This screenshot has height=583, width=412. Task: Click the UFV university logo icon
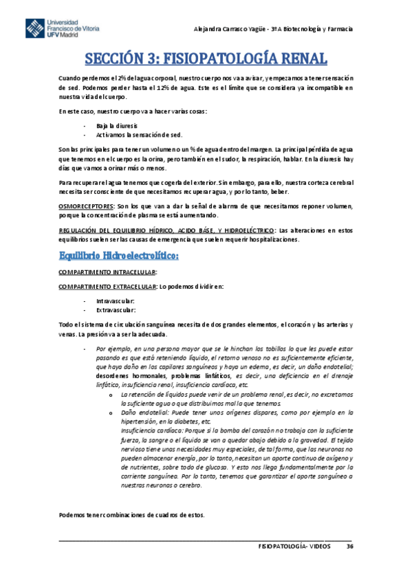click(x=34, y=31)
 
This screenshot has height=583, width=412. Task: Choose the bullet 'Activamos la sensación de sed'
click(x=133, y=135)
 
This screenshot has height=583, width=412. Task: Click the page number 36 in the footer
click(x=349, y=546)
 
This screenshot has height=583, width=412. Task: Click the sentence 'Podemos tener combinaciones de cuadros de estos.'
click(x=132, y=516)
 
